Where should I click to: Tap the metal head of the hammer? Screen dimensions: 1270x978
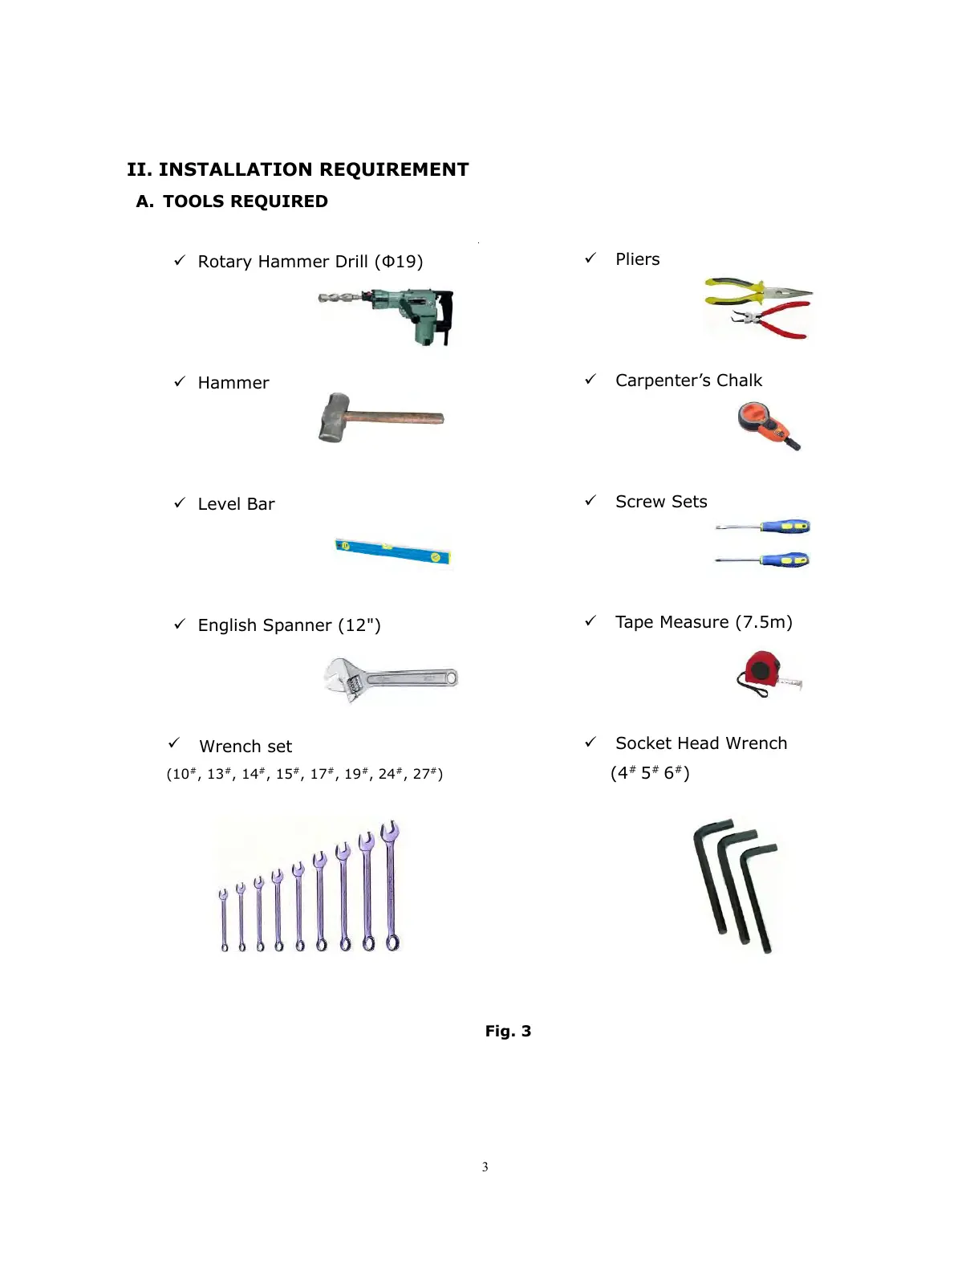tap(334, 417)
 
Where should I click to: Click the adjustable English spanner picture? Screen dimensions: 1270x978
tap(390, 679)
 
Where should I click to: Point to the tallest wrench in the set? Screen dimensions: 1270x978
tap(391, 885)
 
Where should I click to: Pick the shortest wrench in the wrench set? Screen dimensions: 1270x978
tap(224, 920)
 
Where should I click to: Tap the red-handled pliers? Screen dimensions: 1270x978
tap(774, 320)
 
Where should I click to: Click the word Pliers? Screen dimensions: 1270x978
tap(637, 259)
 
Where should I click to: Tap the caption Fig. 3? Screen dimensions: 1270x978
tap(508, 1031)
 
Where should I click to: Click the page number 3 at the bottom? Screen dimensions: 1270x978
tap(485, 1166)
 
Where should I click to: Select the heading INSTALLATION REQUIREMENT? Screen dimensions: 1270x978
tap(313, 169)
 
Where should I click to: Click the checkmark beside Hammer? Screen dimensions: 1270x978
tap(180, 381)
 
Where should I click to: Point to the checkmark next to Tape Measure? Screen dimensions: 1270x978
tap(590, 621)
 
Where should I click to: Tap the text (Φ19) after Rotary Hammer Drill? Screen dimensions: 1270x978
tap(399, 262)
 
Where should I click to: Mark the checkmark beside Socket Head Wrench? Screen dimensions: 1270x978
tap(590, 742)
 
